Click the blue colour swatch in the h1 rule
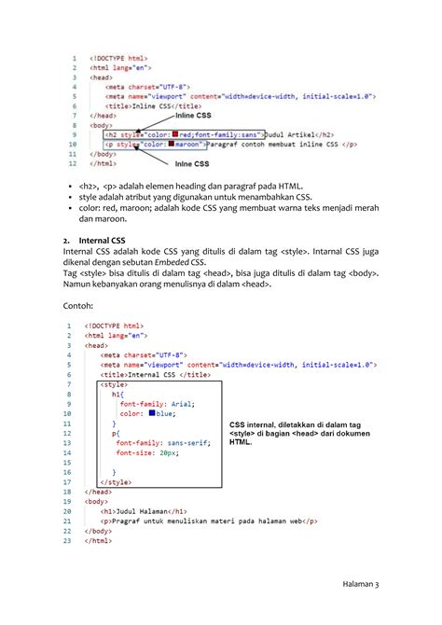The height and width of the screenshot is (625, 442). click(151, 413)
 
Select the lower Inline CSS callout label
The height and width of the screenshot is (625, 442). click(200, 165)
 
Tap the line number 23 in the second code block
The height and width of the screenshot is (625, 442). click(68, 540)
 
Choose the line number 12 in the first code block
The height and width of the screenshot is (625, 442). click(74, 163)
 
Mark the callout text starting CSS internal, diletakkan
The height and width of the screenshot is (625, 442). click(297, 433)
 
